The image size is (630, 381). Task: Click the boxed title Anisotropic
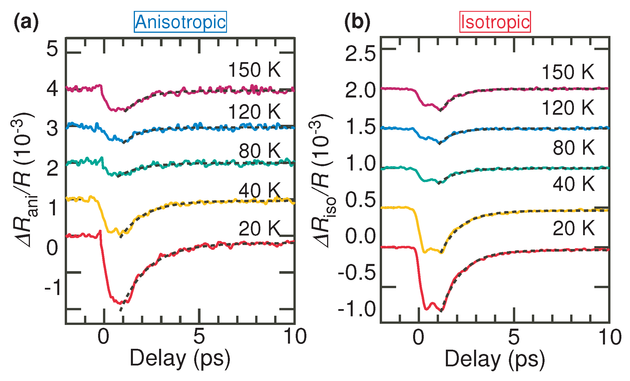(x=180, y=22)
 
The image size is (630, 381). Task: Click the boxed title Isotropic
(x=495, y=22)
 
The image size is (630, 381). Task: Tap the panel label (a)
(x=26, y=22)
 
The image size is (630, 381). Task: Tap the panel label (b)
(x=357, y=22)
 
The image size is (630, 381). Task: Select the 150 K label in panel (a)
(x=254, y=70)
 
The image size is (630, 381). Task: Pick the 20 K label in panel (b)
(x=573, y=228)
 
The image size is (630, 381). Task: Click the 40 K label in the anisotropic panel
(x=259, y=190)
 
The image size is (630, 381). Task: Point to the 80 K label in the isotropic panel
(x=573, y=148)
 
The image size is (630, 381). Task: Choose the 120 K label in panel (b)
(x=568, y=108)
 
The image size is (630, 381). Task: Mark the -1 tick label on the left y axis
(x=53, y=287)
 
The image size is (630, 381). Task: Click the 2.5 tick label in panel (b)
(x=360, y=53)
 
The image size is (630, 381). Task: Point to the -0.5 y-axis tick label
(x=357, y=272)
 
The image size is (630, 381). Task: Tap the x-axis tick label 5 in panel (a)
(x=199, y=336)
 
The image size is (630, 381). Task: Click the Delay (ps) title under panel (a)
(x=180, y=358)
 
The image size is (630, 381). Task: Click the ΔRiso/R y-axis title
(x=322, y=181)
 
